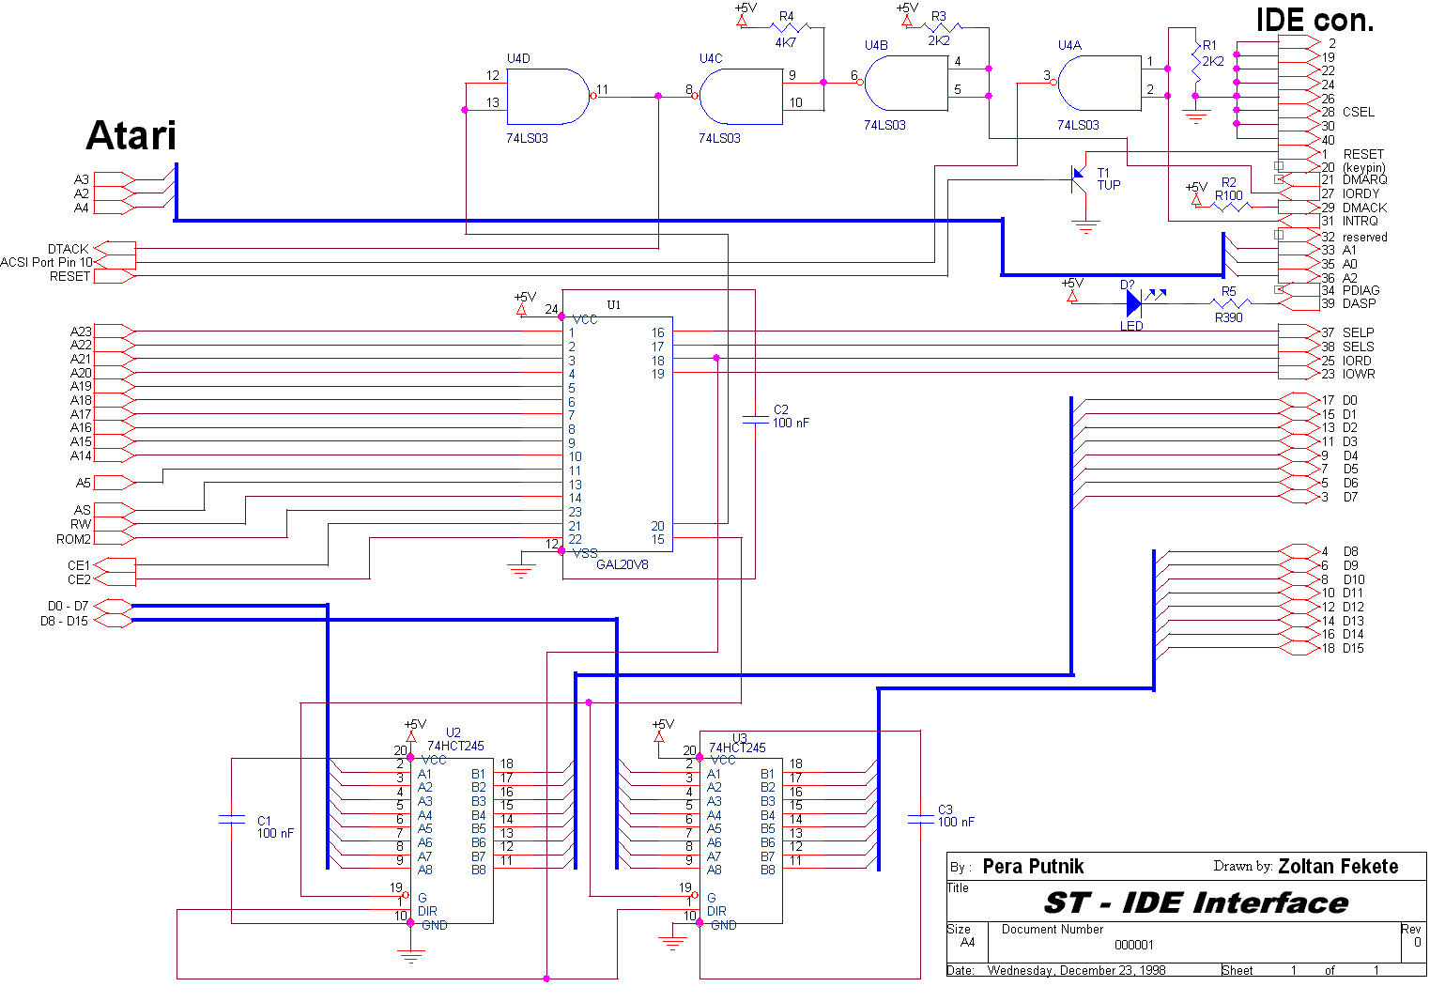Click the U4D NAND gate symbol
(548, 97)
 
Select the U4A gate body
(1099, 84)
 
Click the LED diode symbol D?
(1134, 302)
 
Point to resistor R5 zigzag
(1231, 303)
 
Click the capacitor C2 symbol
(756, 420)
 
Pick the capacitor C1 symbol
(232, 820)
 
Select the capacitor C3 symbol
(920, 820)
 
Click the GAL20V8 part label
(622, 564)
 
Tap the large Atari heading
(131, 135)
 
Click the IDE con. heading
(1314, 20)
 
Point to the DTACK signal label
(68, 249)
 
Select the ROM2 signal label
(73, 539)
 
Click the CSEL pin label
(1358, 112)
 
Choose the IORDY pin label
(1360, 193)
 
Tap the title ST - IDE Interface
(1196, 902)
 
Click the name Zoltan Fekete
(1338, 866)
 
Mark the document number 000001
(1133, 945)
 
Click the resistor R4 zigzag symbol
(791, 27)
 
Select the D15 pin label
(1353, 648)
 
